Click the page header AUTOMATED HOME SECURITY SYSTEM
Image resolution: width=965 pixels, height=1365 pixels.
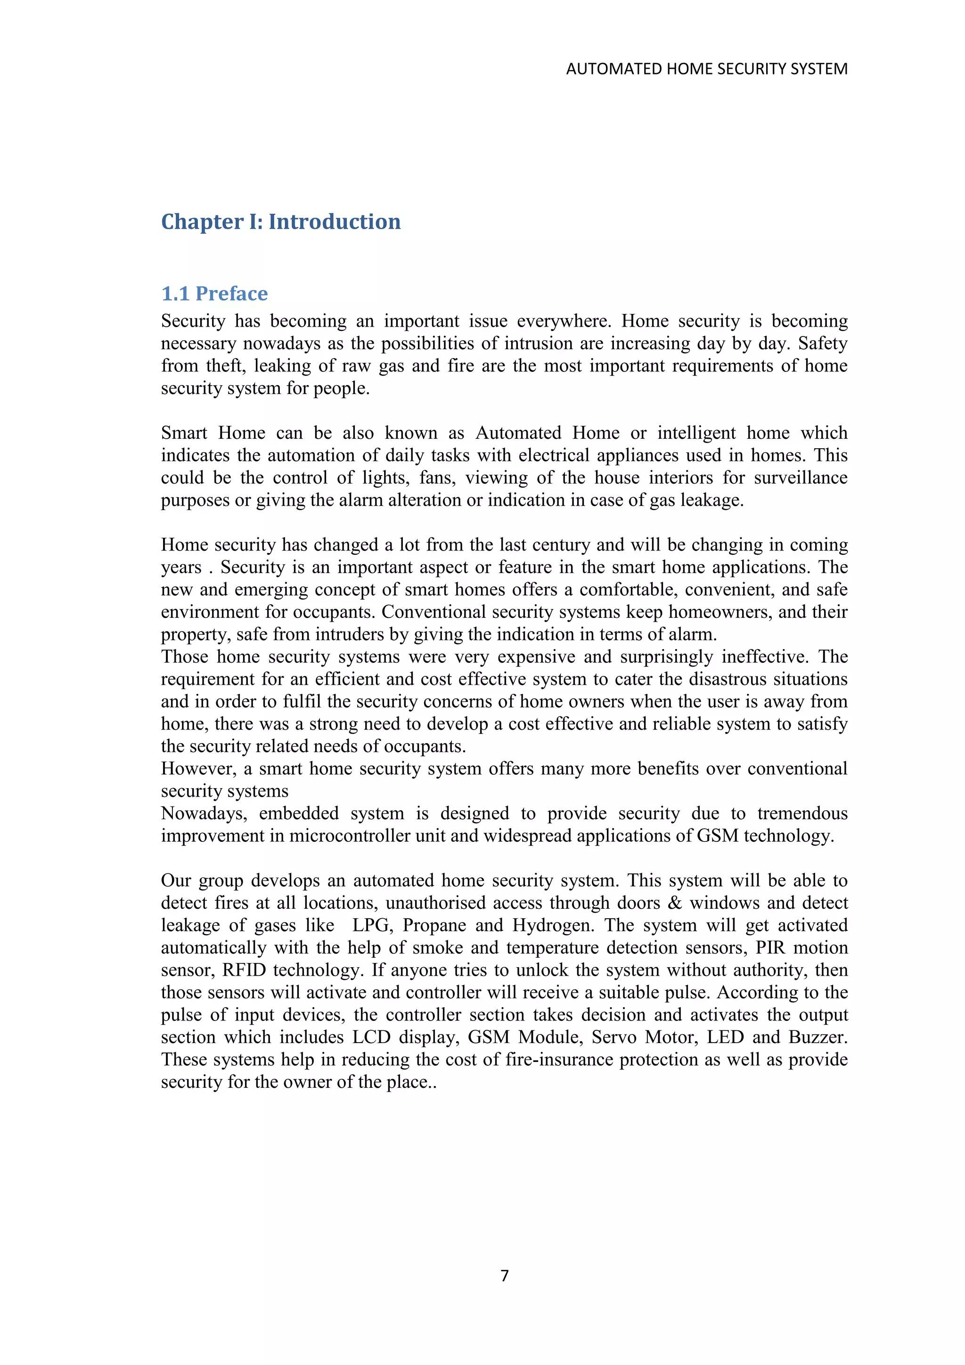click(706, 69)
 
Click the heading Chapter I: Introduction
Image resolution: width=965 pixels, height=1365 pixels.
click(280, 222)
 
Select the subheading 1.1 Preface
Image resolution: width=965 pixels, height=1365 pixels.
click(214, 294)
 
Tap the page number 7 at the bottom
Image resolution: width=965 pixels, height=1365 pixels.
click(505, 1275)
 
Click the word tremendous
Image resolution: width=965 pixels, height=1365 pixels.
click(802, 813)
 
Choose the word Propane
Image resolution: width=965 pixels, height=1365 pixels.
click(434, 926)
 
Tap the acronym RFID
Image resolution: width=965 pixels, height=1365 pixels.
click(244, 970)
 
